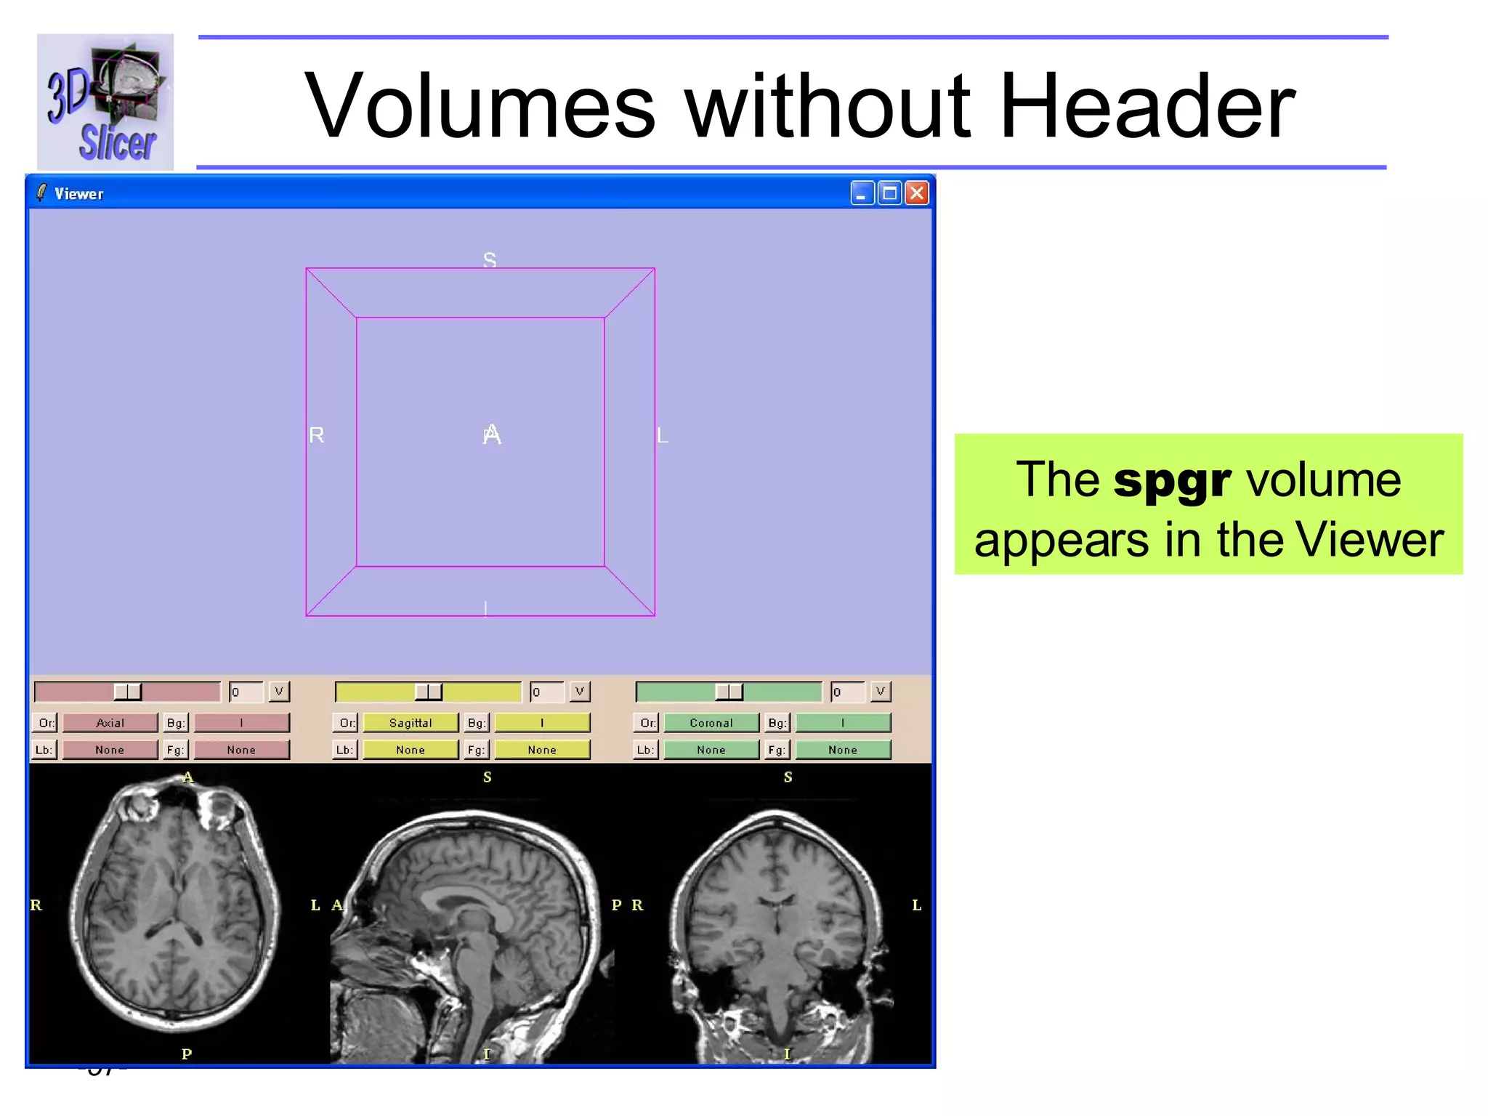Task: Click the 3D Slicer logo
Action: [105, 102]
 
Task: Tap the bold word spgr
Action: [1171, 480]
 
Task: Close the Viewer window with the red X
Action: [917, 193]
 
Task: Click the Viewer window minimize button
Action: [862, 193]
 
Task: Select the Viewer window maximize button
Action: [889, 193]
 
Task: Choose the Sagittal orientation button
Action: [411, 723]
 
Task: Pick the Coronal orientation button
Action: [711, 723]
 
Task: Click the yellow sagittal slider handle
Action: [428, 692]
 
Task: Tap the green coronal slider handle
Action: [729, 692]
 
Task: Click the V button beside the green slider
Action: [880, 691]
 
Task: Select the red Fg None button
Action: [241, 750]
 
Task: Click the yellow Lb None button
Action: [411, 750]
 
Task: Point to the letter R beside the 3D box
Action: [317, 435]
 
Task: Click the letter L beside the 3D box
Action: [662, 436]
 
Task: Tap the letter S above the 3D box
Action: [490, 259]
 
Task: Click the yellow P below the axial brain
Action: [187, 1054]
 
